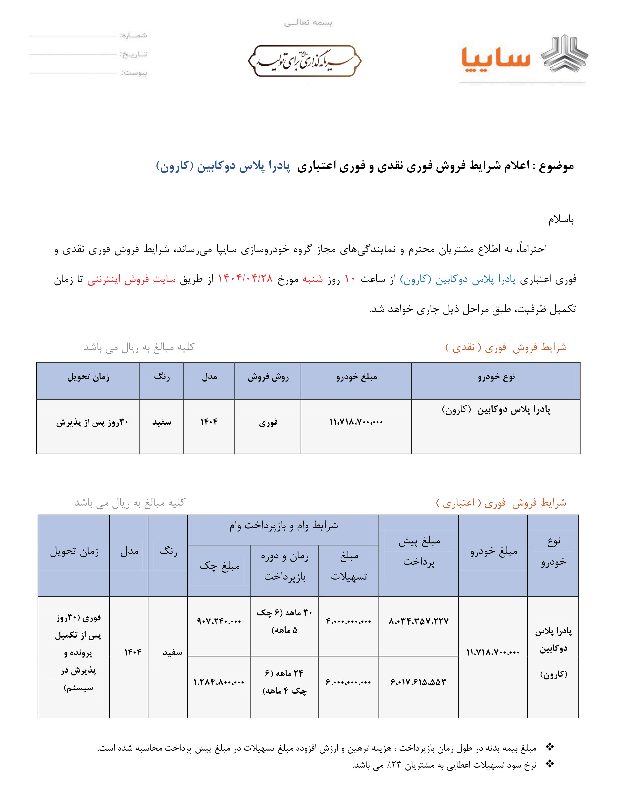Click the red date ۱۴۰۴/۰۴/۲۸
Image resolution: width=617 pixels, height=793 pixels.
point(245,279)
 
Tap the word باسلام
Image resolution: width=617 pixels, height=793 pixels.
point(561,219)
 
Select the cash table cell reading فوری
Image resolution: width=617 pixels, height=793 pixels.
point(268,422)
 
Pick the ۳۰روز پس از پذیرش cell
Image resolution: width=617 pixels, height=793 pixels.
point(92,422)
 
